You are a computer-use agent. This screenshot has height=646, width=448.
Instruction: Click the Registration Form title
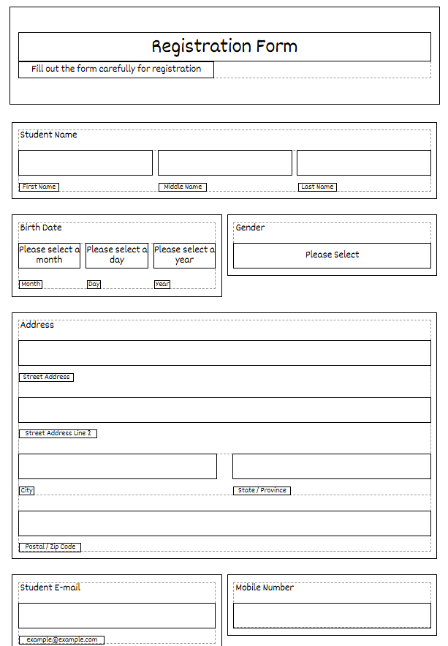pyautogui.click(x=224, y=47)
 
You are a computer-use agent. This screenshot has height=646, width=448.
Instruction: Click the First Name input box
pyautogui.click(x=86, y=162)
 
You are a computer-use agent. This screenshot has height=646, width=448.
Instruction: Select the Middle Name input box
pyautogui.click(x=225, y=162)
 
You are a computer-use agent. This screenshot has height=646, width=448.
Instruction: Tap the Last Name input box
pyautogui.click(x=364, y=162)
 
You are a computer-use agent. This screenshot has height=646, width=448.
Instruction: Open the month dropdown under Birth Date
pyautogui.click(x=50, y=255)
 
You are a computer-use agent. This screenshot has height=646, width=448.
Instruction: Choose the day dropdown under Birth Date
pyautogui.click(x=117, y=255)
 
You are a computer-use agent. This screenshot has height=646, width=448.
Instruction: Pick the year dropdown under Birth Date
pyautogui.click(x=184, y=255)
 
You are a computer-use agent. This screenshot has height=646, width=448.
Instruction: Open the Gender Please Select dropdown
pyautogui.click(x=333, y=255)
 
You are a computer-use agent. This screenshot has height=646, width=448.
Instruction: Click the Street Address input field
pyautogui.click(x=224, y=353)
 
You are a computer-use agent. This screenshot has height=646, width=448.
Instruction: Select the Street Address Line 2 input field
pyautogui.click(x=224, y=410)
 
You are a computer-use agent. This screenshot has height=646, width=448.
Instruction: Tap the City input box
pyautogui.click(x=118, y=466)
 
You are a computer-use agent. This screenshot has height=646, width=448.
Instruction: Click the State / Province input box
pyautogui.click(x=332, y=466)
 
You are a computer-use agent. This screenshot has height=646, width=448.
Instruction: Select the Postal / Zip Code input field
pyautogui.click(x=224, y=523)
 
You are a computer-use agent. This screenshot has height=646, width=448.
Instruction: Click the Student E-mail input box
pyautogui.click(x=117, y=615)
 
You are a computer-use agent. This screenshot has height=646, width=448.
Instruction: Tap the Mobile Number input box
pyautogui.click(x=333, y=615)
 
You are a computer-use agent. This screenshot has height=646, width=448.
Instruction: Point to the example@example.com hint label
pyautogui.click(x=61, y=640)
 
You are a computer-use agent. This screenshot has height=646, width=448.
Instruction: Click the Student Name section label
pyautogui.click(x=48, y=135)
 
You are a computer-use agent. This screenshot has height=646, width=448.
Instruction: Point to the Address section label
pyautogui.click(x=37, y=325)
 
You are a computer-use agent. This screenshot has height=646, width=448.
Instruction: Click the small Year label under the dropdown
pyautogui.click(x=162, y=285)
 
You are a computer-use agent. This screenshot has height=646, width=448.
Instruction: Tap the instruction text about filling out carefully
pyautogui.click(x=116, y=70)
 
